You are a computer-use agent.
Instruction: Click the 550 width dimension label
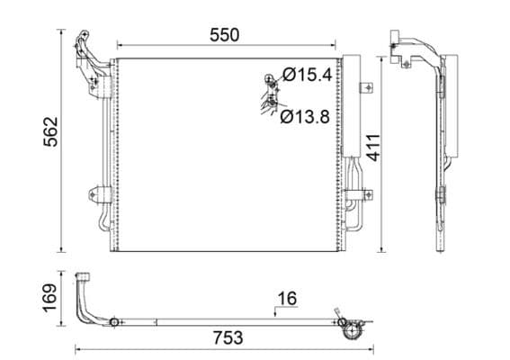click(224, 35)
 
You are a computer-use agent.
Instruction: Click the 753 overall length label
click(228, 337)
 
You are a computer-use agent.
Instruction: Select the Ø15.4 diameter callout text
click(308, 76)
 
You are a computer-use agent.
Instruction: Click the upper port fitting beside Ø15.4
click(270, 81)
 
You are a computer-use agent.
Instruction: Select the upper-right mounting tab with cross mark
click(365, 88)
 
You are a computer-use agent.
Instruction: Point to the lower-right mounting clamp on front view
click(363, 194)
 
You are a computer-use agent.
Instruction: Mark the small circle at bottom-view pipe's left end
click(115, 320)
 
